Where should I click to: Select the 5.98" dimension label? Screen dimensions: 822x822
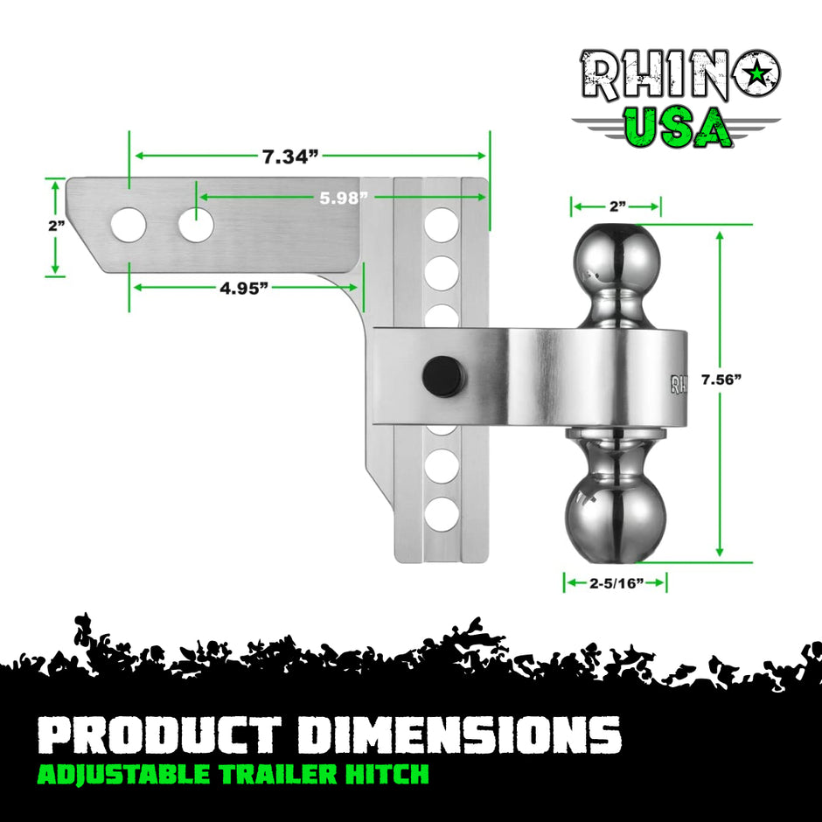[342, 199]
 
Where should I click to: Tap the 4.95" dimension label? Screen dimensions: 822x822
[243, 289]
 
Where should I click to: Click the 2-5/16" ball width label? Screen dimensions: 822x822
[616, 582]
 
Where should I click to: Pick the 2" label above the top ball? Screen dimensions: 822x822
[616, 206]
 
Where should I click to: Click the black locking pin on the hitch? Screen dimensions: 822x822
[442, 376]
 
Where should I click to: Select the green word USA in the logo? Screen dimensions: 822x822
[679, 128]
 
